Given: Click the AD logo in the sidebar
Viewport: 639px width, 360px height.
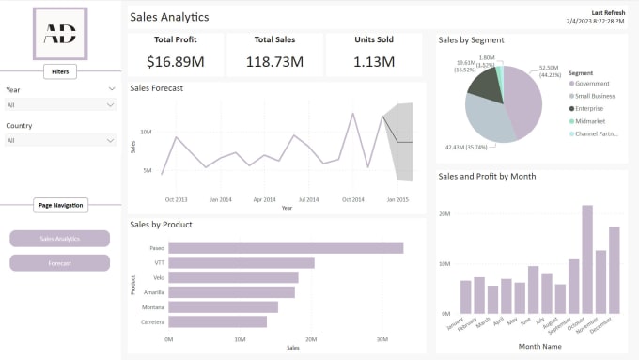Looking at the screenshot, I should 60,34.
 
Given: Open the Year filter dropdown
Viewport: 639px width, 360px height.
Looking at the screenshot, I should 60,105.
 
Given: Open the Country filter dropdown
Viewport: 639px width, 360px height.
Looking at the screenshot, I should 60,140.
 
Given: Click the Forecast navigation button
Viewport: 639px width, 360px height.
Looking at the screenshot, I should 60,262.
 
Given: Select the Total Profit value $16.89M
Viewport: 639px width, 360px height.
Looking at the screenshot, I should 176,62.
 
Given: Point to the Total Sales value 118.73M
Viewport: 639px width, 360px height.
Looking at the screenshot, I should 275,62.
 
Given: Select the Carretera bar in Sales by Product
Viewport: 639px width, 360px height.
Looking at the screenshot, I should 217,321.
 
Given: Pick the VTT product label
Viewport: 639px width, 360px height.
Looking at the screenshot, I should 159,262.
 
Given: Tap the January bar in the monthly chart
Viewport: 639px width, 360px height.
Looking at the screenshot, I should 466,297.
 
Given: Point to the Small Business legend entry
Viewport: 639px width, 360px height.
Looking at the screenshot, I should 595,96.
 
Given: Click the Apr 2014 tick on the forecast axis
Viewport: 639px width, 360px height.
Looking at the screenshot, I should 264,199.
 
